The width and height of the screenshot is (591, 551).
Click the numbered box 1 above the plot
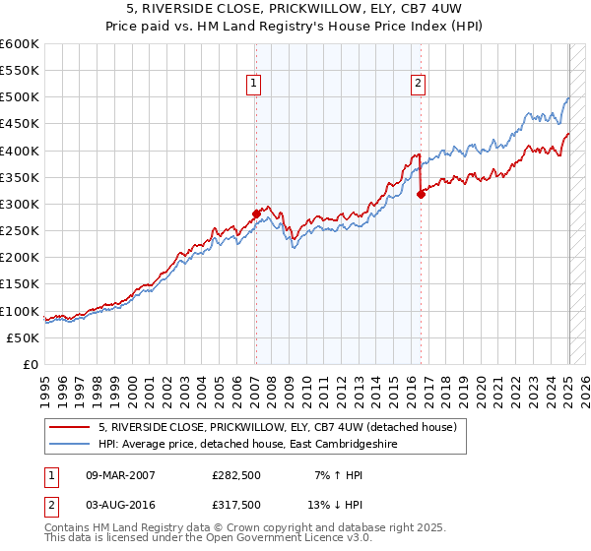(x=254, y=84)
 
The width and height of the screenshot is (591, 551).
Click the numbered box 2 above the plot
(x=419, y=84)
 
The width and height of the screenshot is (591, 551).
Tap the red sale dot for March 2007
(x=256, y=213)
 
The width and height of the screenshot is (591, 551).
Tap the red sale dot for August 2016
(x=421, y=194)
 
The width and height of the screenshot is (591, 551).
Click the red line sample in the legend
(x=71, y=428)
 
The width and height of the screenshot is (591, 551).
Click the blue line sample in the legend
(x=71, y=444)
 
